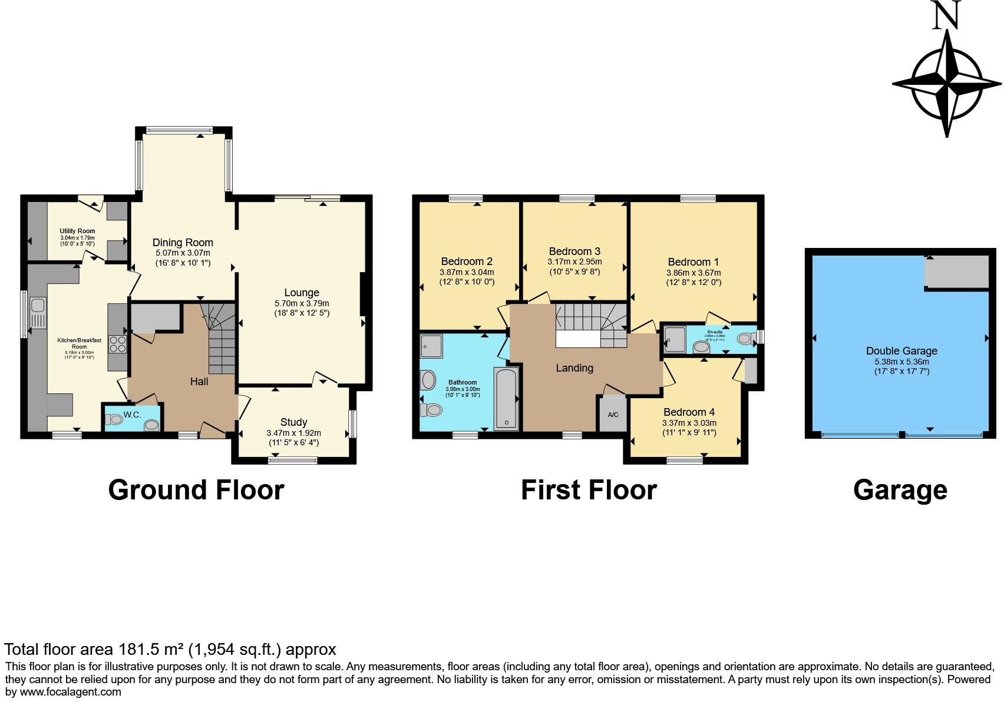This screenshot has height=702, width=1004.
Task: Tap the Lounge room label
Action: [301, 293]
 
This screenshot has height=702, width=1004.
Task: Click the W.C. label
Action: [133, 415]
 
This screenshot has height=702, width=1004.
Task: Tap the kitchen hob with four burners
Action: [118, 344]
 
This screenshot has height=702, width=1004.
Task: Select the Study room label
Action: [293, 422]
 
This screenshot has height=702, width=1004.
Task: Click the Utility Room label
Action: [77, 231]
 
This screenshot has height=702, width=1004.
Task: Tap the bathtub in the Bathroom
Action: [506, 398]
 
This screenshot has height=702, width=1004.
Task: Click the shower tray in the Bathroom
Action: [432, 346]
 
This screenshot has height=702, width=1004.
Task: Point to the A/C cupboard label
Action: [613, 415]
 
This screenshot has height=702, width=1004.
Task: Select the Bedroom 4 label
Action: [689, 412]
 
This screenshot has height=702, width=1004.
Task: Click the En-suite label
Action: [715, 332]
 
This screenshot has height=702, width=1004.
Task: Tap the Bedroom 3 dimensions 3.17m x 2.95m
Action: [574, 261]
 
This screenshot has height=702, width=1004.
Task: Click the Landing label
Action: [574, 368]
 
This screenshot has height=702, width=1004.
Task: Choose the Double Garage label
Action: [901, 351]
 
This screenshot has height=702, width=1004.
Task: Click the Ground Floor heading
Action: [196, 490]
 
